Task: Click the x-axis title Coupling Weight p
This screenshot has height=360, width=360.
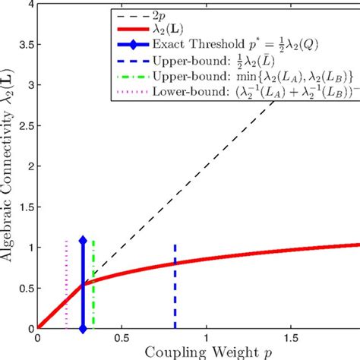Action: click(199, 351)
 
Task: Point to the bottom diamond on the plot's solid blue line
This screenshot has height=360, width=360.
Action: click(83, 328)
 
